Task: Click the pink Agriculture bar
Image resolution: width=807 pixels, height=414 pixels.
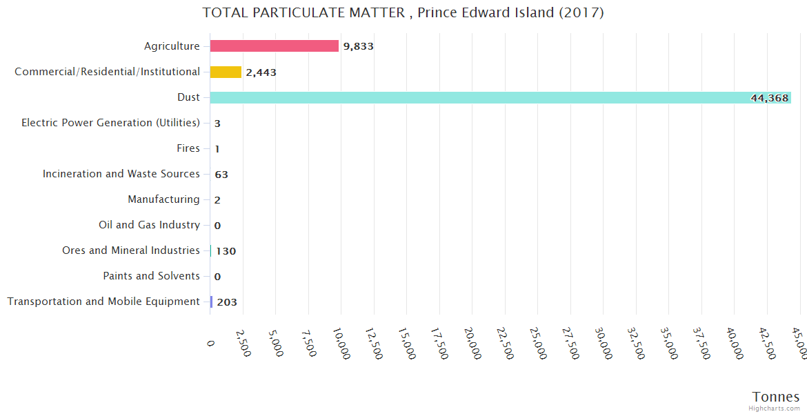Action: tap(274, 46)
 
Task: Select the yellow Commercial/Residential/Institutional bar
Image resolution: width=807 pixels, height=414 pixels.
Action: tap(226, 72)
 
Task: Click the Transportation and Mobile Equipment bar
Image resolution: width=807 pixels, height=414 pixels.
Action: tap(211, 302)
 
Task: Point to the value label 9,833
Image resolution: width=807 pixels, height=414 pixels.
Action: tap(358, 47)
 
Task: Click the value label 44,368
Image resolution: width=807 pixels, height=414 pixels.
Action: tap(769, 98)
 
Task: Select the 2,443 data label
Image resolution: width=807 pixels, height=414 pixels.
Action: tap(261, 72)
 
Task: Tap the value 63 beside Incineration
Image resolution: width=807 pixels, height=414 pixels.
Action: tap(221, 175)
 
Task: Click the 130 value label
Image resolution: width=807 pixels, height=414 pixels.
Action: tap(226, 251)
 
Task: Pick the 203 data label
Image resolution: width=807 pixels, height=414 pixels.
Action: tap(227, 302)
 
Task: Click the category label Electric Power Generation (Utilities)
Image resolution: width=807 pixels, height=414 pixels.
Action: tap(110, 123)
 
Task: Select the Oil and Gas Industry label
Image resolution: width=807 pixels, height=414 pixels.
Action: tap(149, 225)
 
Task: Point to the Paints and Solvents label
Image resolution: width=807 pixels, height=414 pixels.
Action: tap(151, 276)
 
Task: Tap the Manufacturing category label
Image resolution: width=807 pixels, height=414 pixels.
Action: tap(163, 199)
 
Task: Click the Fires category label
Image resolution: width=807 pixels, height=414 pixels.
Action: tap(188, 148)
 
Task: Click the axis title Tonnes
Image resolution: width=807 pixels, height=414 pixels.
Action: tap(775, 397)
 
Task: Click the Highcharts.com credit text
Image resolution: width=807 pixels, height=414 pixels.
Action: tap(775, 408)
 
